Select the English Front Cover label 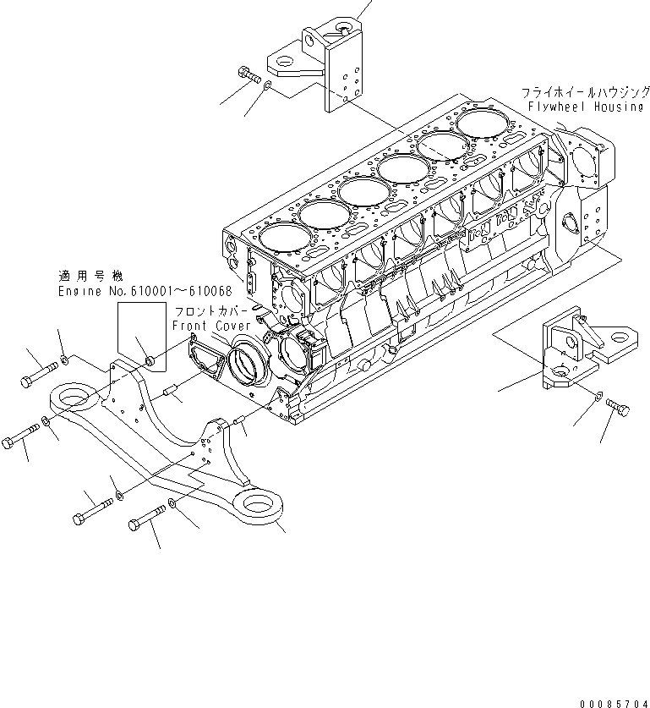(211, 325)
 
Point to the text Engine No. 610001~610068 (139, 291)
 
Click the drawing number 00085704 (613, 701)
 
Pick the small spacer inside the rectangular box (148, 363)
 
